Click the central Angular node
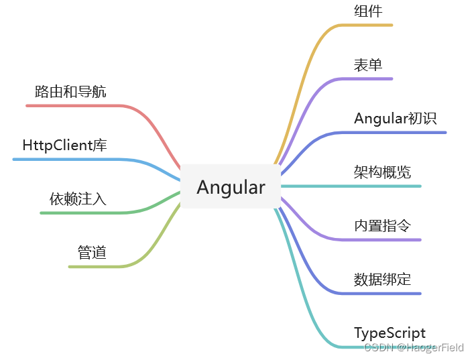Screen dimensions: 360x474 (x=231, y=187)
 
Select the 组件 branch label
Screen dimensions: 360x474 (x=368, y=11)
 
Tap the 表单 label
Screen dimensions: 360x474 (x=368, y=65)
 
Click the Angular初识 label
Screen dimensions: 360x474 (x=395, y=119)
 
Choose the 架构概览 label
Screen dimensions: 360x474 (x=382, y=172)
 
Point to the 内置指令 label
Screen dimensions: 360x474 (x=382, y=226)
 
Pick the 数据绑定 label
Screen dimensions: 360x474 (x=382, y=280)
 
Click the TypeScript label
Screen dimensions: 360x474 (x=390, y=333)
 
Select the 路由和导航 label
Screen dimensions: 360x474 (x=70, y=92)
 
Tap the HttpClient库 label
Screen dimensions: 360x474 (x=64, y=145)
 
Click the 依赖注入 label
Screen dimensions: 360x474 (x=78, y=199)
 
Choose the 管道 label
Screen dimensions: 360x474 (x=92, y=253)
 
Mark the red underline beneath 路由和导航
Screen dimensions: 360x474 (x=74, y=106)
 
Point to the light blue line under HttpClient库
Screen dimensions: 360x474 (x=67, y=160)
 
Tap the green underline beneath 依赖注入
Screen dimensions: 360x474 (x=80, y=213)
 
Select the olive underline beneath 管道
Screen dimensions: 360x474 (x=94, y=267)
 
